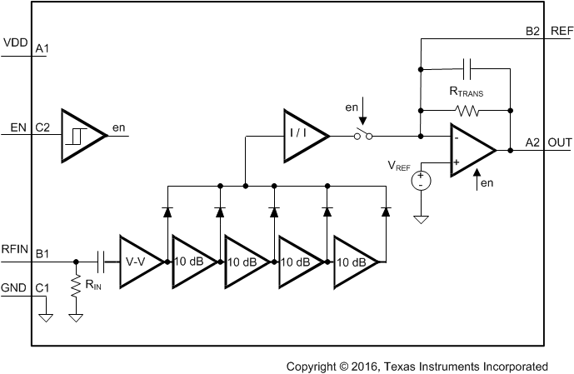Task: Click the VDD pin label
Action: tap(15, 42)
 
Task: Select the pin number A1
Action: tap(42, 49)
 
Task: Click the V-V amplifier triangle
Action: tap(135, 262)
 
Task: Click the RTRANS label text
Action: tap(465, 92)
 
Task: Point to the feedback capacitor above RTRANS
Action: tap(467, 68)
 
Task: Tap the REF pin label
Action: tap(562, 31)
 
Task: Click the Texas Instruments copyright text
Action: tap(417, 366)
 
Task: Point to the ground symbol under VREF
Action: tap(421, 219)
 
